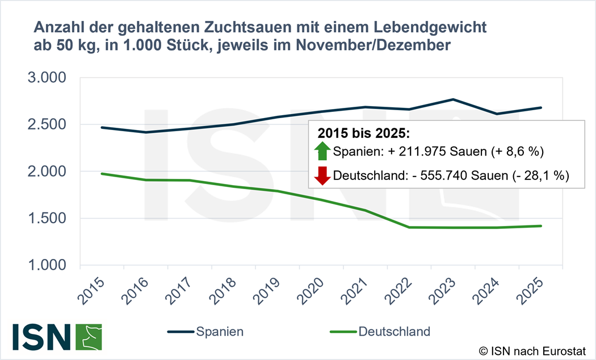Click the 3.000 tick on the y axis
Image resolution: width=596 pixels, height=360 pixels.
(x=47, y=78)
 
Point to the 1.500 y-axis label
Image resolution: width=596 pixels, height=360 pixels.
(x=47, y=219)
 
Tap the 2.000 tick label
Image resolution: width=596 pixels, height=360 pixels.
(x=47, y=171)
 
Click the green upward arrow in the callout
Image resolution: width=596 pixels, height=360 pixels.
(x=322, y=151)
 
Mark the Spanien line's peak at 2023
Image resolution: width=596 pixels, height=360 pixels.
(x=452, y=99)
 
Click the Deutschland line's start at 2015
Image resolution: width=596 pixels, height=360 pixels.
(x=102, y=174)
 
